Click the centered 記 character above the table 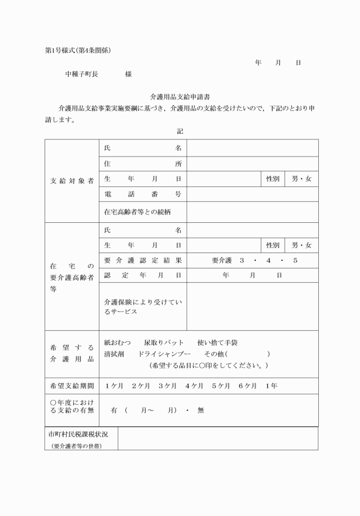(x=180, y=131)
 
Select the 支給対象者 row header (x=71, y=180)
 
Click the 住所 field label (x=142, y=164)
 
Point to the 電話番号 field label (x=142, y=194)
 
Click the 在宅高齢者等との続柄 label (x=137, y=211)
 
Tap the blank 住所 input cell (x=252, y=164)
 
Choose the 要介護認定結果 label (x=142, y=260)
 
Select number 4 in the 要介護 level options (x=268, y=261)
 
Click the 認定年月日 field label (x=142, y=275)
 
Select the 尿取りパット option (x=163, y=342)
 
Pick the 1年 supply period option (x=271, y=386)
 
